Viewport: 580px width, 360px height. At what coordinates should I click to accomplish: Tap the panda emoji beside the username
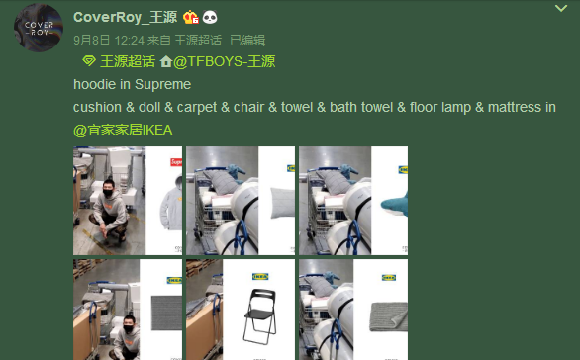pyautogui.click(x=211, y=17)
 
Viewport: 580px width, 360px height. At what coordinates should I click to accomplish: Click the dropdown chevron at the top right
pyautogui.click(x=562, y=8)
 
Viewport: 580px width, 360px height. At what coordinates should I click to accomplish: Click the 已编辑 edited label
pyautogui.click(x=247, y=41)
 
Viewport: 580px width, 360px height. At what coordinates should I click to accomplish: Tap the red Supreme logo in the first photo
pyautogui.click(x=176, y=162)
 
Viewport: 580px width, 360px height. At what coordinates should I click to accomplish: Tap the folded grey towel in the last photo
pyautogui.click(x=381, y=317)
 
